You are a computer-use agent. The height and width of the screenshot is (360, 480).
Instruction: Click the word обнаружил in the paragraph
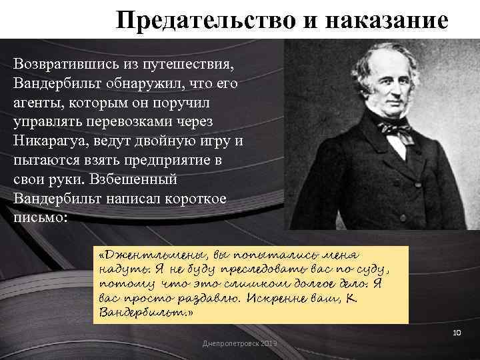(159, 86)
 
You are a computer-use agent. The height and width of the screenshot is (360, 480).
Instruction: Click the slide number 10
(456, 332)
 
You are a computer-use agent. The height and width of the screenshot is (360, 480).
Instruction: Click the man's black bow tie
(389, 129)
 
